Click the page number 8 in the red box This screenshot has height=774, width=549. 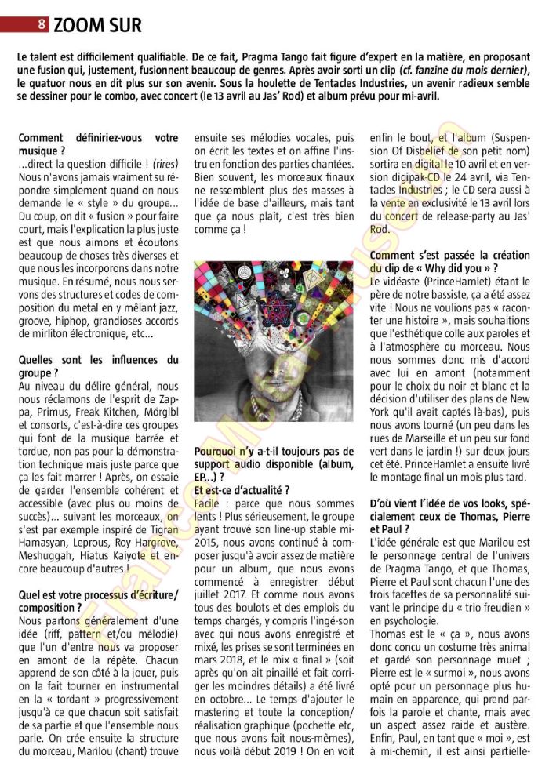click(x=41, y=24)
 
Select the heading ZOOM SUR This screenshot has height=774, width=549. click(x=97, y=25)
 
